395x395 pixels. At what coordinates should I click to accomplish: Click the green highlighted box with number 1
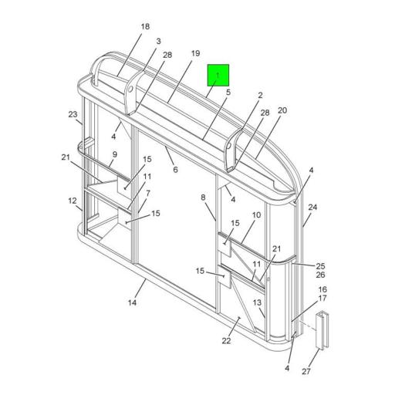coord(218,76)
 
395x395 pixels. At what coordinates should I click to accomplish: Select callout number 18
coord(144,27)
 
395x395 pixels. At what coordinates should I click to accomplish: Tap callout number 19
coord(196,53)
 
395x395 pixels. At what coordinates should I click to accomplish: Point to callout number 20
coord(282,110)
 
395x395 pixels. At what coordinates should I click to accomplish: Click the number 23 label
coord(73,115)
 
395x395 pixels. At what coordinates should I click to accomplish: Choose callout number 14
coord(133,302)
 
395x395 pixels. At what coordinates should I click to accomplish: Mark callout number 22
coord(227,341)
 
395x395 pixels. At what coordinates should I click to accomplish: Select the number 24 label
coord(312,208)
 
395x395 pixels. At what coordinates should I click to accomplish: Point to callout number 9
coord(113,154)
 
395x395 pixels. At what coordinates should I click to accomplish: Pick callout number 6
coord(175,170)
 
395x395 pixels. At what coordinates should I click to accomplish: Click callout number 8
coord(204,197)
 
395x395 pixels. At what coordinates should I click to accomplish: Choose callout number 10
coord(256,215)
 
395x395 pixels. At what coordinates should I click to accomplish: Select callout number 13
coord(258,302)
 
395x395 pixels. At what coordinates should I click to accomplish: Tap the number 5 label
coord(228,93)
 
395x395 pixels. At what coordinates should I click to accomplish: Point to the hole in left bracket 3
coord(132,88)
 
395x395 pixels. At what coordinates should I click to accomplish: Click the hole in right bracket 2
coord(229,144)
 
